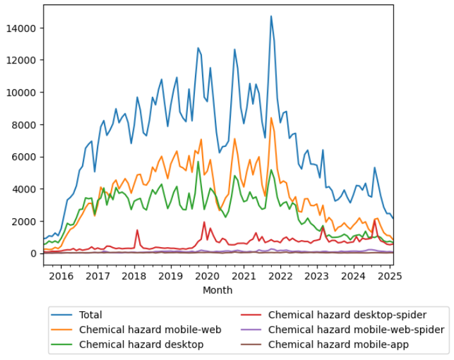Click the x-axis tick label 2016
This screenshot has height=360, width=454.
(61, 276)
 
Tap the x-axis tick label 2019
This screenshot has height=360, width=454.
(170, 276)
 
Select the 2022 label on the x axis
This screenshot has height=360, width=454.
(280, 276)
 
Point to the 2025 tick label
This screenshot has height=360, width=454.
(389, 276)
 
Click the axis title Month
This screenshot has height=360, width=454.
(217, 290)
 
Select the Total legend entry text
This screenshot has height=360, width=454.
(90, 315)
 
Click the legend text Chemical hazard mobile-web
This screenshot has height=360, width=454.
(150, 330)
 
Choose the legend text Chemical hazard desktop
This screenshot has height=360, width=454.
(141, 345)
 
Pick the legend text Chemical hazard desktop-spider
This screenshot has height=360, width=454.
(348, 315)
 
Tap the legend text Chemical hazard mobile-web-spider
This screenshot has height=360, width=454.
(356, 330)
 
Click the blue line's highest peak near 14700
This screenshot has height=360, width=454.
(271, 16)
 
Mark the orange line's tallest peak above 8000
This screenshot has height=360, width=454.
(271, 117)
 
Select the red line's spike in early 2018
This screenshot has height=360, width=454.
(137, 230)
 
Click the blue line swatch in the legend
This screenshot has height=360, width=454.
(63, 315)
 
